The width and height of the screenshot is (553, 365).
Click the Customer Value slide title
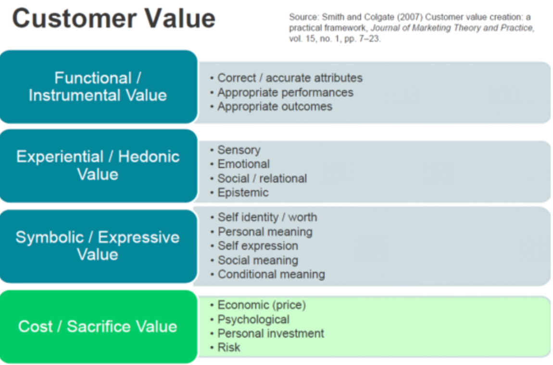click(113, 18)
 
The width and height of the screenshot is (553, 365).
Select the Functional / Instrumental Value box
click(99, 87)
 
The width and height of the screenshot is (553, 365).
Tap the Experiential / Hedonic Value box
click(99, 166)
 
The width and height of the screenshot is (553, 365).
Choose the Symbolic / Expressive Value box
click(99, 247)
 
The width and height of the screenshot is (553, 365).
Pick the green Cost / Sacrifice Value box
click(99, 326)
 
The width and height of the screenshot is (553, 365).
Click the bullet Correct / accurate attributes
click(287, 78)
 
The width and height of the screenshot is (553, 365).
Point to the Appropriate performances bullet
click(282, 92)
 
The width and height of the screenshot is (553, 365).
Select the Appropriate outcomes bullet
click(271, 106)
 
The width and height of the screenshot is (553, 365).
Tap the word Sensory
click(239, 150)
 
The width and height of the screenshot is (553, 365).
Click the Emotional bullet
click(240, 164)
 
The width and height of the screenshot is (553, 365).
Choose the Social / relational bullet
click(259, 178)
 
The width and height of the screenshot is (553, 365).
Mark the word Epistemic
click(243, 193)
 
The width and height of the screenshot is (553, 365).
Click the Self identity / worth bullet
click(264, 217)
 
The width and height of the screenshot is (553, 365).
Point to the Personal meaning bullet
click(261, 232)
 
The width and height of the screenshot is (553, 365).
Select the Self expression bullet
click(254, 246)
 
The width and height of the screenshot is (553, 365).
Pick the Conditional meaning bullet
click(268, 274)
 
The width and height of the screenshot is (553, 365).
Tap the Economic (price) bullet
click(258, 305)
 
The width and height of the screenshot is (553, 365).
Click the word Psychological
click(253, 319)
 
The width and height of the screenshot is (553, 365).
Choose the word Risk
click(229, 347)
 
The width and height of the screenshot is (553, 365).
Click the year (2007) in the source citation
click(410, 17)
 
